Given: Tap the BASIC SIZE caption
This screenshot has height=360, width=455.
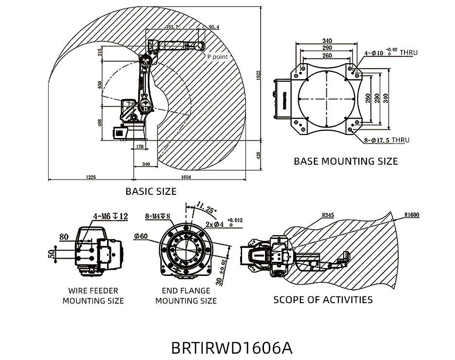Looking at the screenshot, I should (x=151, y=191).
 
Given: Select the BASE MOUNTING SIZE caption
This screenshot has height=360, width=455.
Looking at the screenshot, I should (x=346, y=161).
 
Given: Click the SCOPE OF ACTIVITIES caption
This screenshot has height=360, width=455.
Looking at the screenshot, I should (x=323, y=299).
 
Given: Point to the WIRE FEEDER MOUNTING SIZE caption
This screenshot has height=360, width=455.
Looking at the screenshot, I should (x=93, y=296).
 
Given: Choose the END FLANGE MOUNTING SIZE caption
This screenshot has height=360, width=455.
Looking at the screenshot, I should (x=186, y=296).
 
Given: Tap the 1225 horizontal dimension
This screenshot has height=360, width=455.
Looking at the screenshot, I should (x=90, y=177).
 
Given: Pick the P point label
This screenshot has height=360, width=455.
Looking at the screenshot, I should (x=217, y=57).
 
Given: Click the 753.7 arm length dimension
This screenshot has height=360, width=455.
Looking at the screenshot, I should (x=172, y=28).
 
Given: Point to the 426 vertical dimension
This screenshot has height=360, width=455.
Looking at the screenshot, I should (x=259, y=156).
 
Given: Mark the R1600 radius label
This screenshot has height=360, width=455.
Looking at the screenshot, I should (x=411, y=214).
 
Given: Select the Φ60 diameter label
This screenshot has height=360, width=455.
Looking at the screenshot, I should (x=140, y=236).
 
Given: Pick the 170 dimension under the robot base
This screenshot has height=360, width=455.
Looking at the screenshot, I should (x=140, y=146).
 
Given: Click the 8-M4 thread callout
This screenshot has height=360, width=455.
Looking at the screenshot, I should (x=158, y=216).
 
